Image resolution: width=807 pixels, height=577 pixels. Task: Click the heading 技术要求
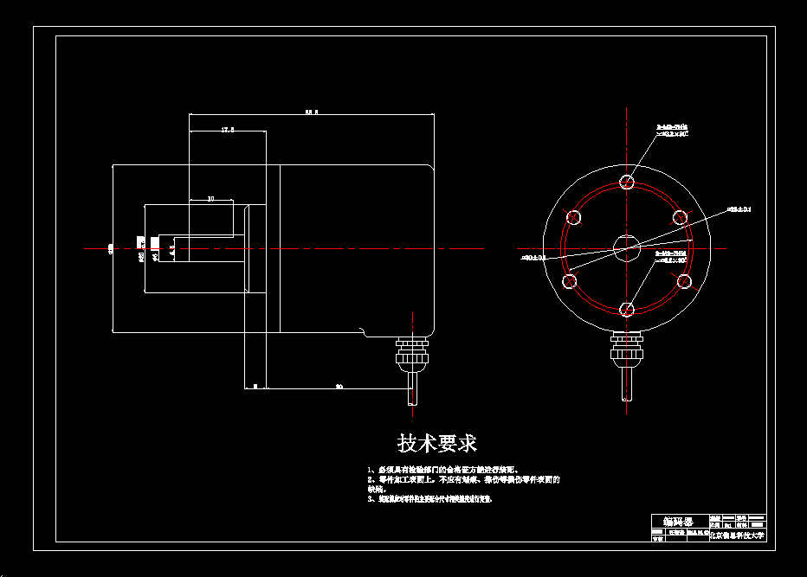coord(436,444)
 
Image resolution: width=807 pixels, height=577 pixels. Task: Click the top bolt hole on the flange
coord(627,182)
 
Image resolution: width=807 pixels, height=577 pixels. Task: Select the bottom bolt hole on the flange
coord(627,309)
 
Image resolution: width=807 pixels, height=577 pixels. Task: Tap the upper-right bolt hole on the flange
coord(681,215)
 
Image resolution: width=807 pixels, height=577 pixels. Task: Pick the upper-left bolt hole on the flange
coord(572,215)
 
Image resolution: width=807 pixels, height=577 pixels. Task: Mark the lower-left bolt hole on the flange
coord(570,281)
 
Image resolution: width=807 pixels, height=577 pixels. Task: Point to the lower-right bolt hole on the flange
coord(684,281)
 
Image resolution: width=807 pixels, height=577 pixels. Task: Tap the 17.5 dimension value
coord(227,130)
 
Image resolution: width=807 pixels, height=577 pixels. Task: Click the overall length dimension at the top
coord(312,112)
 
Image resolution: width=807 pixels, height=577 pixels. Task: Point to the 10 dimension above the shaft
coord(210,199)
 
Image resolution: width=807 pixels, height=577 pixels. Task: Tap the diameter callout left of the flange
coord(532,258)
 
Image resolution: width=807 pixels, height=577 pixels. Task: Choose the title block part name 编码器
coord(678,522)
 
